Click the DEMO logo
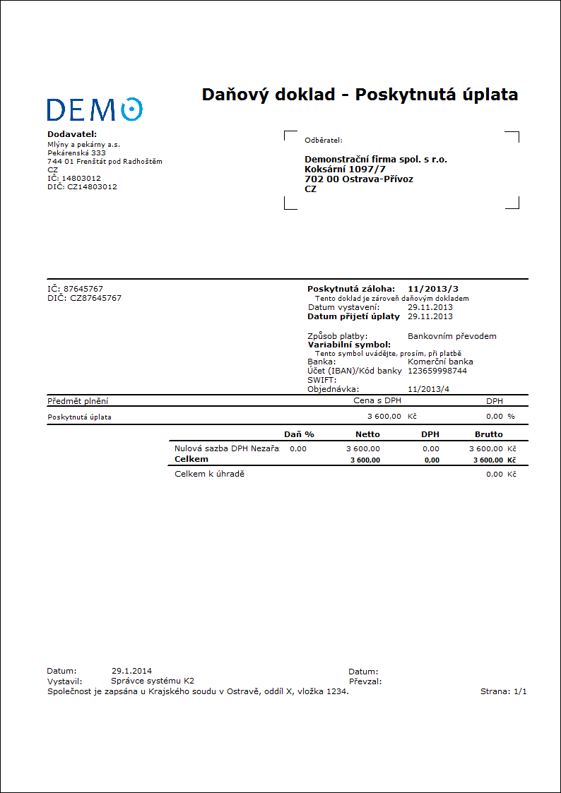(x=95, y=109)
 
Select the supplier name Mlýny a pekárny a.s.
(x=83, y=144)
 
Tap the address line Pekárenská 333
(x=76, y=153)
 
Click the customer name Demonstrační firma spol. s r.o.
(x=376, y=159)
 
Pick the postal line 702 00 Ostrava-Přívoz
(x=359, y=179)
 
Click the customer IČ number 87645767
(x=83, y=289)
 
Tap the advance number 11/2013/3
(x=433, y=289)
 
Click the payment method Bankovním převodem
(x=452, y=336)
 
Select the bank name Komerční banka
(x=440, y=362)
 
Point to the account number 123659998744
(x=437, y=371)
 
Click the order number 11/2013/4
(x=429, y=389)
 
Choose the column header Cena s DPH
(x=377, y=400)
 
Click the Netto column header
(x=367, y=434)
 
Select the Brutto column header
(x=489, y=434)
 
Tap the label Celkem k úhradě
(x=209, y=474)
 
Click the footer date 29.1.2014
(x=131, y=671)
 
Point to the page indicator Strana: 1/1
(x=504, y=692)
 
